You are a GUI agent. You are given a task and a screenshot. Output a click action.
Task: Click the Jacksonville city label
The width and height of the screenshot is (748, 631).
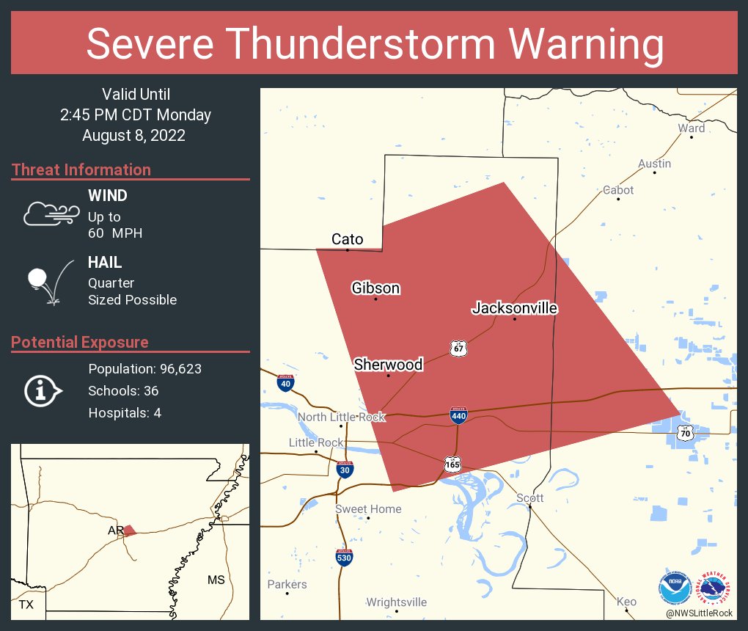point(514,308)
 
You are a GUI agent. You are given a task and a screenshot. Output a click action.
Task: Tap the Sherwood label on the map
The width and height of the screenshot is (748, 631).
point(388,365)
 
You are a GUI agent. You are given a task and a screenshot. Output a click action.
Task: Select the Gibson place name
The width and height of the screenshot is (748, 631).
point(375,288)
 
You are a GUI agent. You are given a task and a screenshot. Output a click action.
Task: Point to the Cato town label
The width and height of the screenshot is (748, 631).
point(347,239)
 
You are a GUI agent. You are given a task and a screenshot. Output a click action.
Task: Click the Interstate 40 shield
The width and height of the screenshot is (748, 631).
point(286,382)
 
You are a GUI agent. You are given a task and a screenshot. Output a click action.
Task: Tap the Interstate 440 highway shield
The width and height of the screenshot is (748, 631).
point(459,416)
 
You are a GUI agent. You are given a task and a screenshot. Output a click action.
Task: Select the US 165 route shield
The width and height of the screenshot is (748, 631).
point(452,464)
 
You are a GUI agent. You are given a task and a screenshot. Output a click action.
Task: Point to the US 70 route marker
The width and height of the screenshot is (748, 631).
point(685,434)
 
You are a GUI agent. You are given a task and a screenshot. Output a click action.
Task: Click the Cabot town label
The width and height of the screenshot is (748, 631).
point(618,190)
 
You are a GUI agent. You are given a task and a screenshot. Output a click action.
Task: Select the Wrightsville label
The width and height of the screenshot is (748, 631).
point(396,602)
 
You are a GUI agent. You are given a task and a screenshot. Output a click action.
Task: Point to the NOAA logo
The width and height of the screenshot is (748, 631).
point(675,587)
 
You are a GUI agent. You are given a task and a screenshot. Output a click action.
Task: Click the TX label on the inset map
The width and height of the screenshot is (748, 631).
point(26,605)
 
